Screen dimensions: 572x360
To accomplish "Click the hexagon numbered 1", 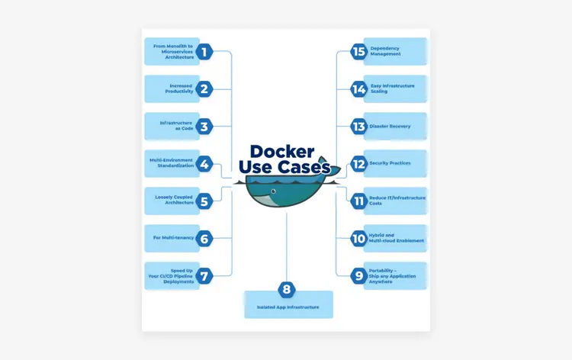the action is coord(204,51).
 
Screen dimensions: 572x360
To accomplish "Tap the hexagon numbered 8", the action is coord(287,289).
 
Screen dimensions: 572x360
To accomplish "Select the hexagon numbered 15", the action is coord(359,51).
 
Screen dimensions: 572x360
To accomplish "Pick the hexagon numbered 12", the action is coord(359,164).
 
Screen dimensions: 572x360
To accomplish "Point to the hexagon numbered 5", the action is coord(204,201).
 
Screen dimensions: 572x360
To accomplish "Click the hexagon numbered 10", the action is coord(359,239).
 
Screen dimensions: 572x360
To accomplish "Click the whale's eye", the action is coord(273,191).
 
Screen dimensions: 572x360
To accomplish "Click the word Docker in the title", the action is coord(282,151).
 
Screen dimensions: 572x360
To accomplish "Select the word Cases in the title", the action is coord(304,167).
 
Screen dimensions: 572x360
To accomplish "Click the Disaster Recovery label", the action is coord(390,126).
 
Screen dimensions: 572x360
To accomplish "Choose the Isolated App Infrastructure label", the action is coord(288,307).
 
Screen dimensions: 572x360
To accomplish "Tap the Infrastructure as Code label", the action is coord(177,126).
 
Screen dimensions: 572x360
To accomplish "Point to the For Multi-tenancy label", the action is coord(173,238).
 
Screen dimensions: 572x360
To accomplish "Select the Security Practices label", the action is coord(390,163).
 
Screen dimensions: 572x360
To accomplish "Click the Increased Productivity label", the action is coord(179,88).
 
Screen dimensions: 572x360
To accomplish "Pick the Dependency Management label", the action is coord(385,51).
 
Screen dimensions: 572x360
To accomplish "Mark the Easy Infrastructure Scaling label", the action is coord(393,88).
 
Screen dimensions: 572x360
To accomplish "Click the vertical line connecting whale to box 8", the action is coord(287,247).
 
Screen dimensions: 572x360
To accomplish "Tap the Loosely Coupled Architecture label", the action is coord(175,200).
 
